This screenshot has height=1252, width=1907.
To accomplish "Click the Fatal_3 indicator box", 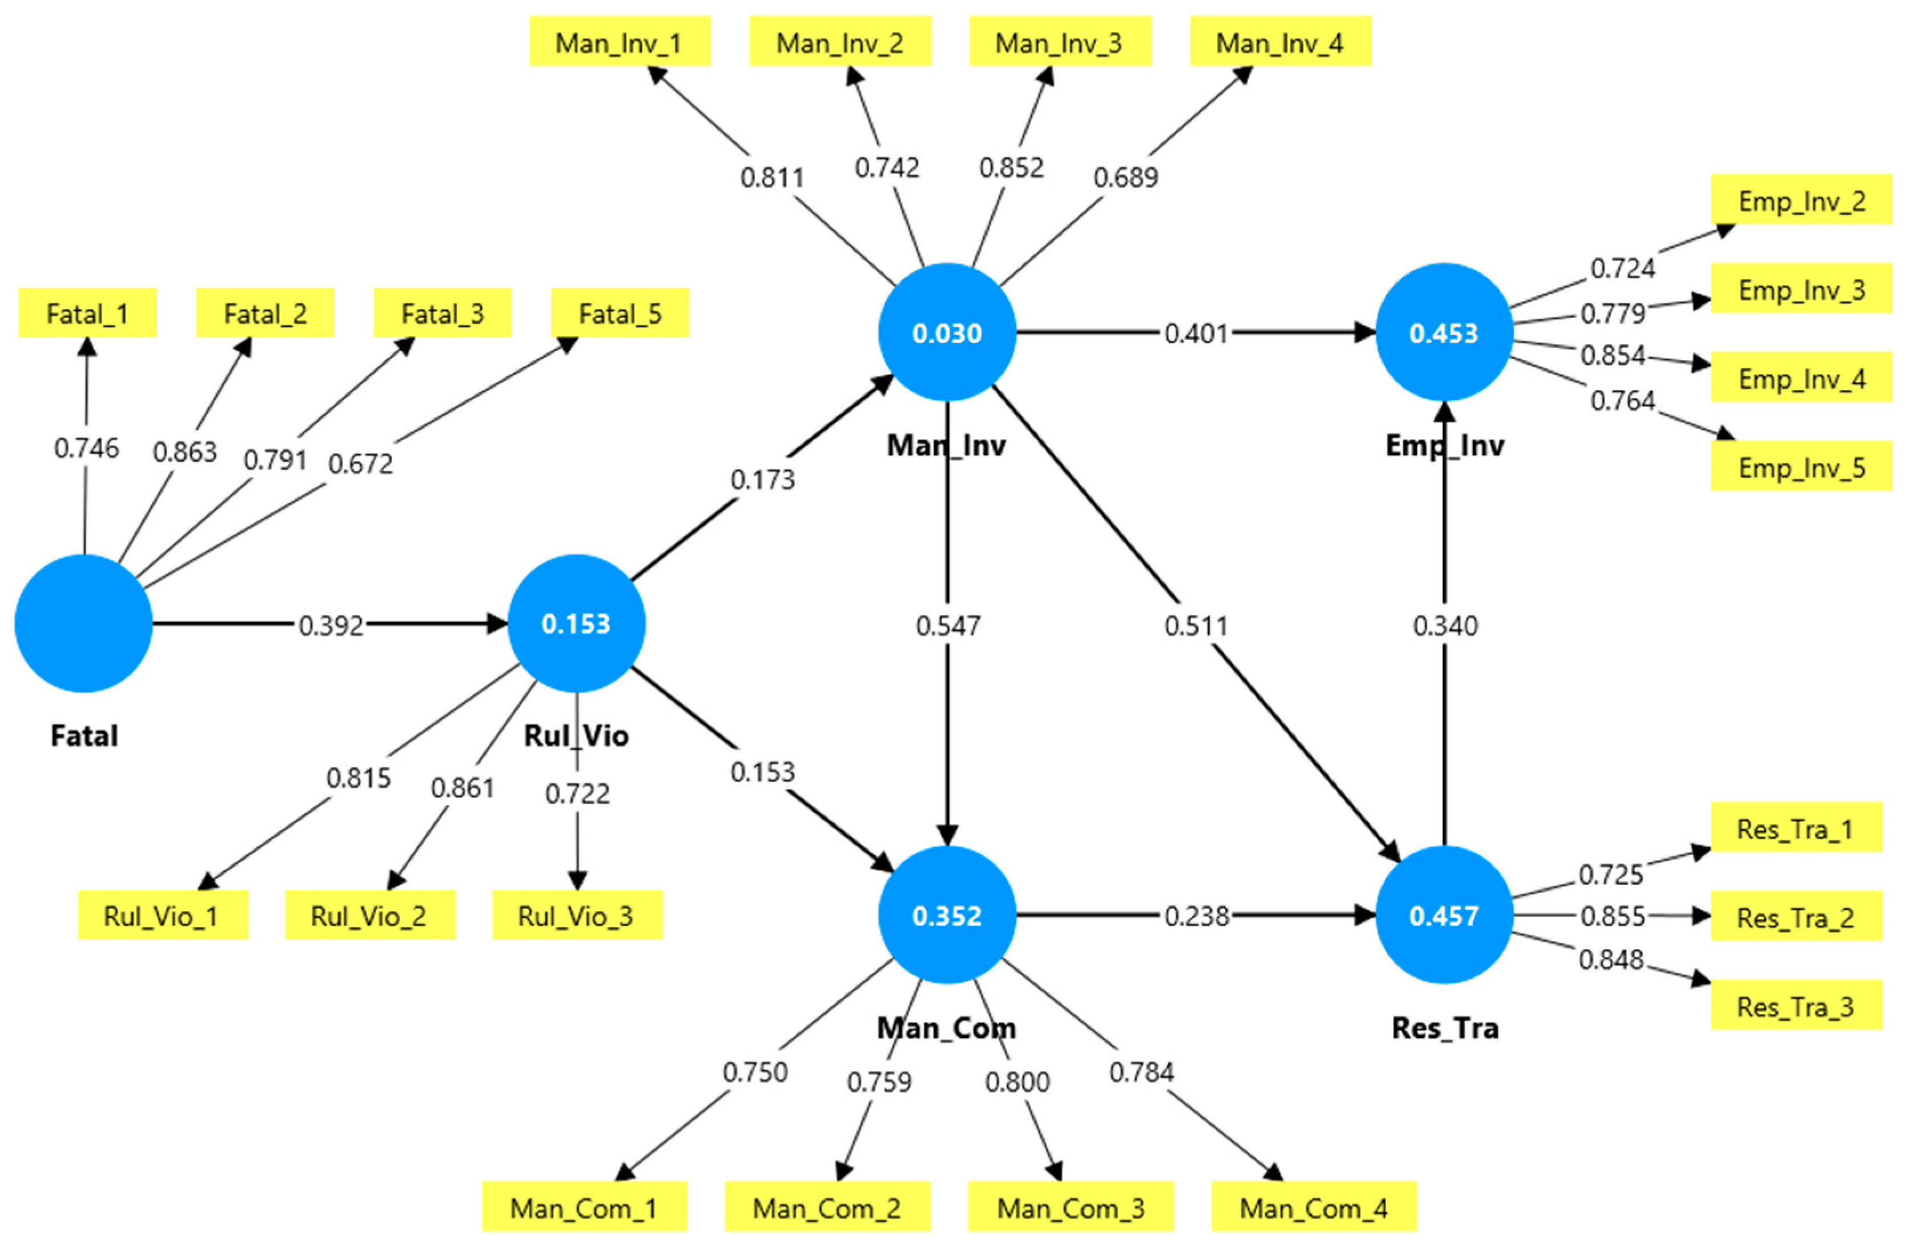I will coord(442,313).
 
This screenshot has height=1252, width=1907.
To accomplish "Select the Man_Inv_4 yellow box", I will coord(1280,42).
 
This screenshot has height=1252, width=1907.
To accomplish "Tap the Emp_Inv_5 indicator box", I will coord(1801,468).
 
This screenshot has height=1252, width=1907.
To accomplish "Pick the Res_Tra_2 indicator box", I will coord(1796,917).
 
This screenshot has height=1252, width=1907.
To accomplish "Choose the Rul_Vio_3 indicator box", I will coord(576,915).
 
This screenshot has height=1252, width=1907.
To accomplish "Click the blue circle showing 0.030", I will coord(947,333).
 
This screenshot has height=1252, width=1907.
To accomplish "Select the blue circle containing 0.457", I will coord(1444,915).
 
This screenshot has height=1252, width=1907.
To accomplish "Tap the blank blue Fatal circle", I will coord(83,623).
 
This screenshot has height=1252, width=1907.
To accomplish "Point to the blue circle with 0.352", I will coord(947,915).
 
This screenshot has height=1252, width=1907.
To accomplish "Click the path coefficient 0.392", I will coord(331,625).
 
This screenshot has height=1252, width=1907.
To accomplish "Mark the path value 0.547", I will coord(948,625).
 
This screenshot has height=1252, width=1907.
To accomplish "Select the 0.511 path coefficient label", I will coord(1195,625).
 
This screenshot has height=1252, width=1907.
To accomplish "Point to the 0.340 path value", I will coord(1445,625).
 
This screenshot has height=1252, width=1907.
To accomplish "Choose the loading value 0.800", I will coord(1017,1082).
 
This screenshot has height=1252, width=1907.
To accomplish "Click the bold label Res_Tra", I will coord(1445,1028).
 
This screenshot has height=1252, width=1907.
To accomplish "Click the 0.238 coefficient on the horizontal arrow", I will coord(1196,915).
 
